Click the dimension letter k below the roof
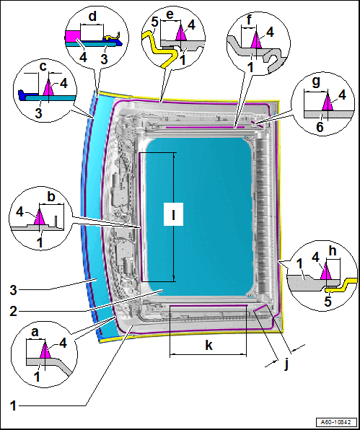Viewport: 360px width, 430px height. coord(209,346)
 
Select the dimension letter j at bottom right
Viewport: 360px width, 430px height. coord(286,365)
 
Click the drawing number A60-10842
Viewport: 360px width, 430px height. coord(336,422)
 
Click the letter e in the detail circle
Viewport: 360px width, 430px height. coord(170,15)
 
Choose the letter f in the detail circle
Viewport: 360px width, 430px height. coord(249,21)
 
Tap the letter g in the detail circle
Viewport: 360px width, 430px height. coord(316,83)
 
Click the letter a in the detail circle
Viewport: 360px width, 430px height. coord(35,333)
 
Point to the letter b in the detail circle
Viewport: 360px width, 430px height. coord(51,197)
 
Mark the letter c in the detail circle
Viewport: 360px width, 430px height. coord(43,67)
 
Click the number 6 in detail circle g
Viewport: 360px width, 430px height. coord(320,127)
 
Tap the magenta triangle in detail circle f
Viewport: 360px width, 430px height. coord(256,40)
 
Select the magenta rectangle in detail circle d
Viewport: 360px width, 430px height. coord(73,36)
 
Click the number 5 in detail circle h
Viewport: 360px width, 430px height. coord(328,301)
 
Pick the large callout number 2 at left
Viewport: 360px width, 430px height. coord(14,311)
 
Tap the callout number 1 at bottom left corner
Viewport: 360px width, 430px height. coord(14,405)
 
